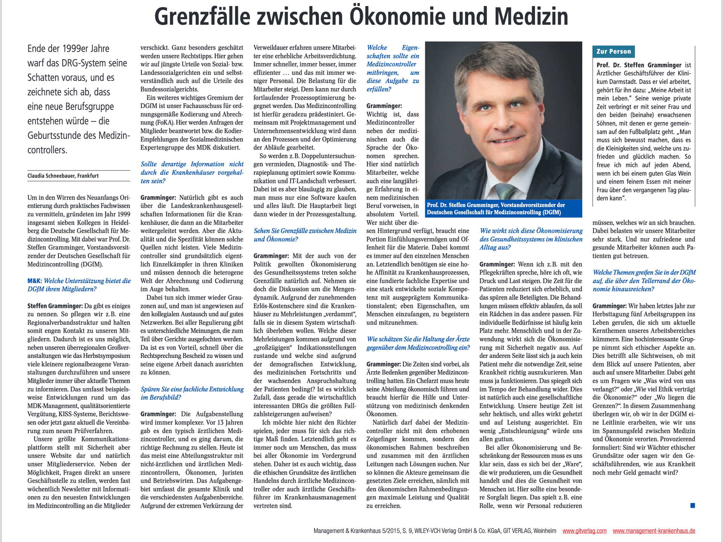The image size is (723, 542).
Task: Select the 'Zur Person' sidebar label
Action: [x=613, y=52]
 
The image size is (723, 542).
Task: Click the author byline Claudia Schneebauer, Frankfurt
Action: [x=63, y=176]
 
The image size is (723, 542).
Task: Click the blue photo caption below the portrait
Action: [x=503, y=209]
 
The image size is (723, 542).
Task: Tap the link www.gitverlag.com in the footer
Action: [x=584, y=531]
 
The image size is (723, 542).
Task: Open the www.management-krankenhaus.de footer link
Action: [x=654, y=531]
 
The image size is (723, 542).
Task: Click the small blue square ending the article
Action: [x=692, y=505]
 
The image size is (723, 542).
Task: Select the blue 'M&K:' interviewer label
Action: [x=35, y=281]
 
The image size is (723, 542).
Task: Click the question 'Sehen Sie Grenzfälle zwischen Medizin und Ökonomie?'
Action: [x=305, y=235]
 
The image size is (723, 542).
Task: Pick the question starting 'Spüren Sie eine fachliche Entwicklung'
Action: [x=192, y=393]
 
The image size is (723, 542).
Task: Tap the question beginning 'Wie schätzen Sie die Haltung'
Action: [x=418, y=343]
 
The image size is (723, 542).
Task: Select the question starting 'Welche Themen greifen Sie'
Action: [x=644, y=280]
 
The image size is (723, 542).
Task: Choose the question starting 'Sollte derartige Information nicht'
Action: [x=192, y=172]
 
